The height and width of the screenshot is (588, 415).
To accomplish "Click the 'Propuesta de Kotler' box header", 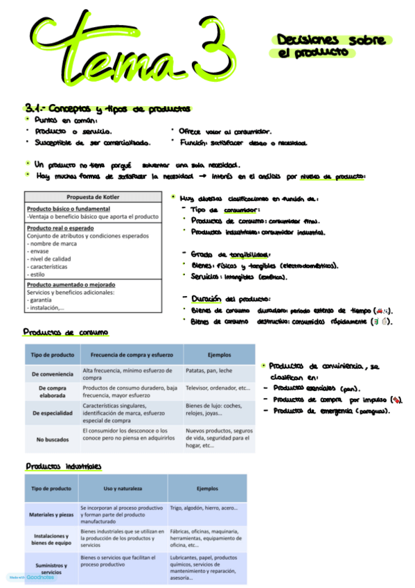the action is point(92,197).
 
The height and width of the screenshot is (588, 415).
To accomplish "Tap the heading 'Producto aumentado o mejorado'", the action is point(71,284).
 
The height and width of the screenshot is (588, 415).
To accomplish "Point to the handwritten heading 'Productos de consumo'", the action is point(64,332).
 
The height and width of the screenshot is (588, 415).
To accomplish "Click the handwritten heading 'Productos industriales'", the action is point(63,466).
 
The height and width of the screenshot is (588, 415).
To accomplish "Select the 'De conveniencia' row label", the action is point(52,374).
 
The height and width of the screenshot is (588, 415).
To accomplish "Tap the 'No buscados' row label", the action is point(52,439).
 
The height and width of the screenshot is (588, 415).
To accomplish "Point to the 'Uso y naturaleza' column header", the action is point(122,488).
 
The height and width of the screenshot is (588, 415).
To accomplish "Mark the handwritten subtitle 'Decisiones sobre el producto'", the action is point(330,46).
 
